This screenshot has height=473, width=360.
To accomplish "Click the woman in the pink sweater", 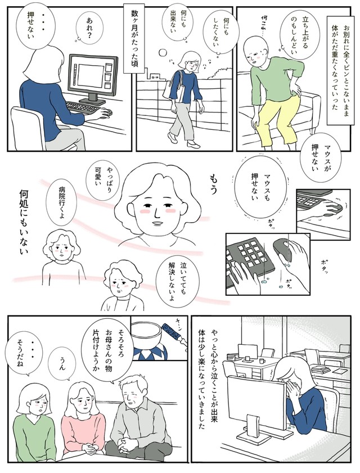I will [82, 417].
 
